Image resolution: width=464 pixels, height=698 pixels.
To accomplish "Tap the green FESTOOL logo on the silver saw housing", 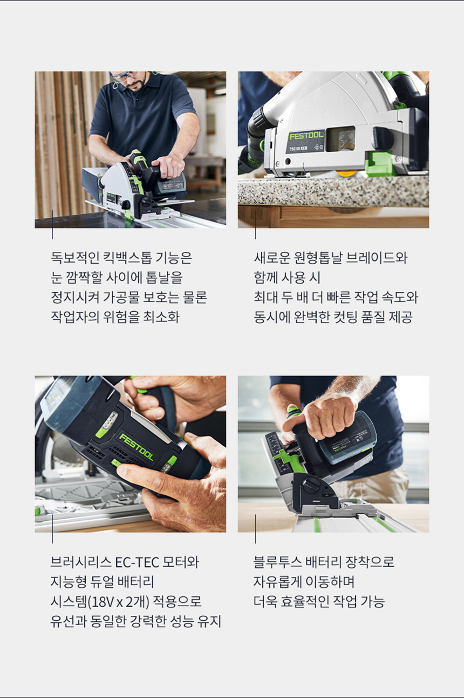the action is pyautogui.click(x=306, y=136).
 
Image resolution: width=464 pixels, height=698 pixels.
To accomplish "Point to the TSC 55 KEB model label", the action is pyautogui.click(x=298, y=149).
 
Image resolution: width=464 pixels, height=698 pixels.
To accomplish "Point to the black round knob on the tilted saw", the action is pyautogui.click(x=311, y=485).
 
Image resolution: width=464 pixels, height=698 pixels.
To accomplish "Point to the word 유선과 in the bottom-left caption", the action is pyautogui.click(x=69, y=621).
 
